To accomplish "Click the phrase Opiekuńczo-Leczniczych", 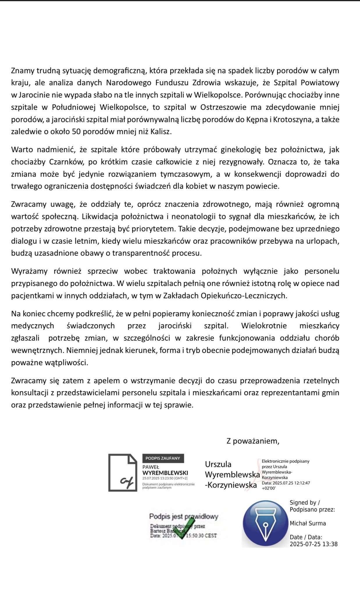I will (x=244, y=296).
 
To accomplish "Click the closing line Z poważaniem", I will (x=253, y=441).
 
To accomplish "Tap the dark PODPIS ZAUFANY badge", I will (x=163, y=458).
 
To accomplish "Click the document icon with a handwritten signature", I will (x=122, y=473).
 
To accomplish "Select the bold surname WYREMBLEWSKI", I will (x=165, y=473).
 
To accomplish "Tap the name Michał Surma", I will (x=308, y=523).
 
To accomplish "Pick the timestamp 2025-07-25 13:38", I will (x=313, y=544).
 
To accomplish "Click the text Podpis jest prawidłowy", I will (x=183, y=517).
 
